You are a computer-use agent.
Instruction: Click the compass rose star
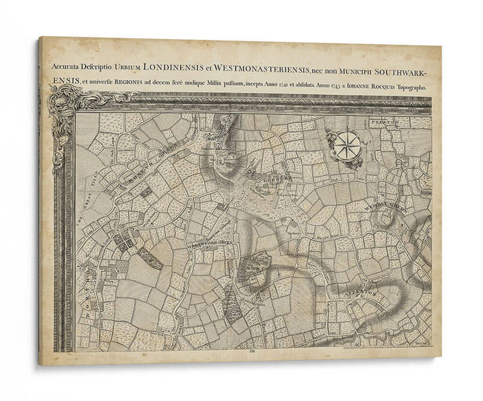click(347, 146)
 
